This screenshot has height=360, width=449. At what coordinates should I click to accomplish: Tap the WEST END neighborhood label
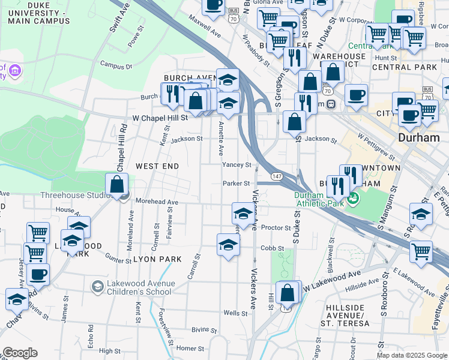pyautogui.click(x=157, y=166)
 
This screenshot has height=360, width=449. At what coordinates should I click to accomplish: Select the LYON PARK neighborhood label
pyautogui.click(x=157, y=259)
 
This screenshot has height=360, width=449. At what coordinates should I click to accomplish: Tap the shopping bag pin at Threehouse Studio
pyautogui.click(x=116, y=185)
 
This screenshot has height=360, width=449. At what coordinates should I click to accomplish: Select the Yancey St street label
pyautogui.click(x=236, y=164)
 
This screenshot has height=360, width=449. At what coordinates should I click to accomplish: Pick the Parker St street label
pyautogui.click(x=236, y=183)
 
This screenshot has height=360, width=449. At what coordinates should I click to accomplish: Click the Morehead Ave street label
pyautogui.click(x=157, y=202)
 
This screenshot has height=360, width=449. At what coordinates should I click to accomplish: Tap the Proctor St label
pyautogui.click(x=276, y=228)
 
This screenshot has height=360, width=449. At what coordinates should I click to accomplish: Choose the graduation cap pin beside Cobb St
pyautogui.click(x=228, y=245)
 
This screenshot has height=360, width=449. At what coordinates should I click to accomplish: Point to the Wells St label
pyautogui.click(x=235, y=313)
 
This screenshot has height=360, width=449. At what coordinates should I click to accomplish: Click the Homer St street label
pyautogui.click(x=190, y=348)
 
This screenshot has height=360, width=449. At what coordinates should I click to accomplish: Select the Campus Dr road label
pyautogui.click(x=116, y=65)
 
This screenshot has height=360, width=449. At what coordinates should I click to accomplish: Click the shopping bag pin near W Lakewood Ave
pyautogui.click(x=288, y=293)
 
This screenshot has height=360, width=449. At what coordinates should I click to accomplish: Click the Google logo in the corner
pyautogui.click(x=20, y=353)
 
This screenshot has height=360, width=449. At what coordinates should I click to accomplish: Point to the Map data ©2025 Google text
pyautogui.click(x=412, y=355)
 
